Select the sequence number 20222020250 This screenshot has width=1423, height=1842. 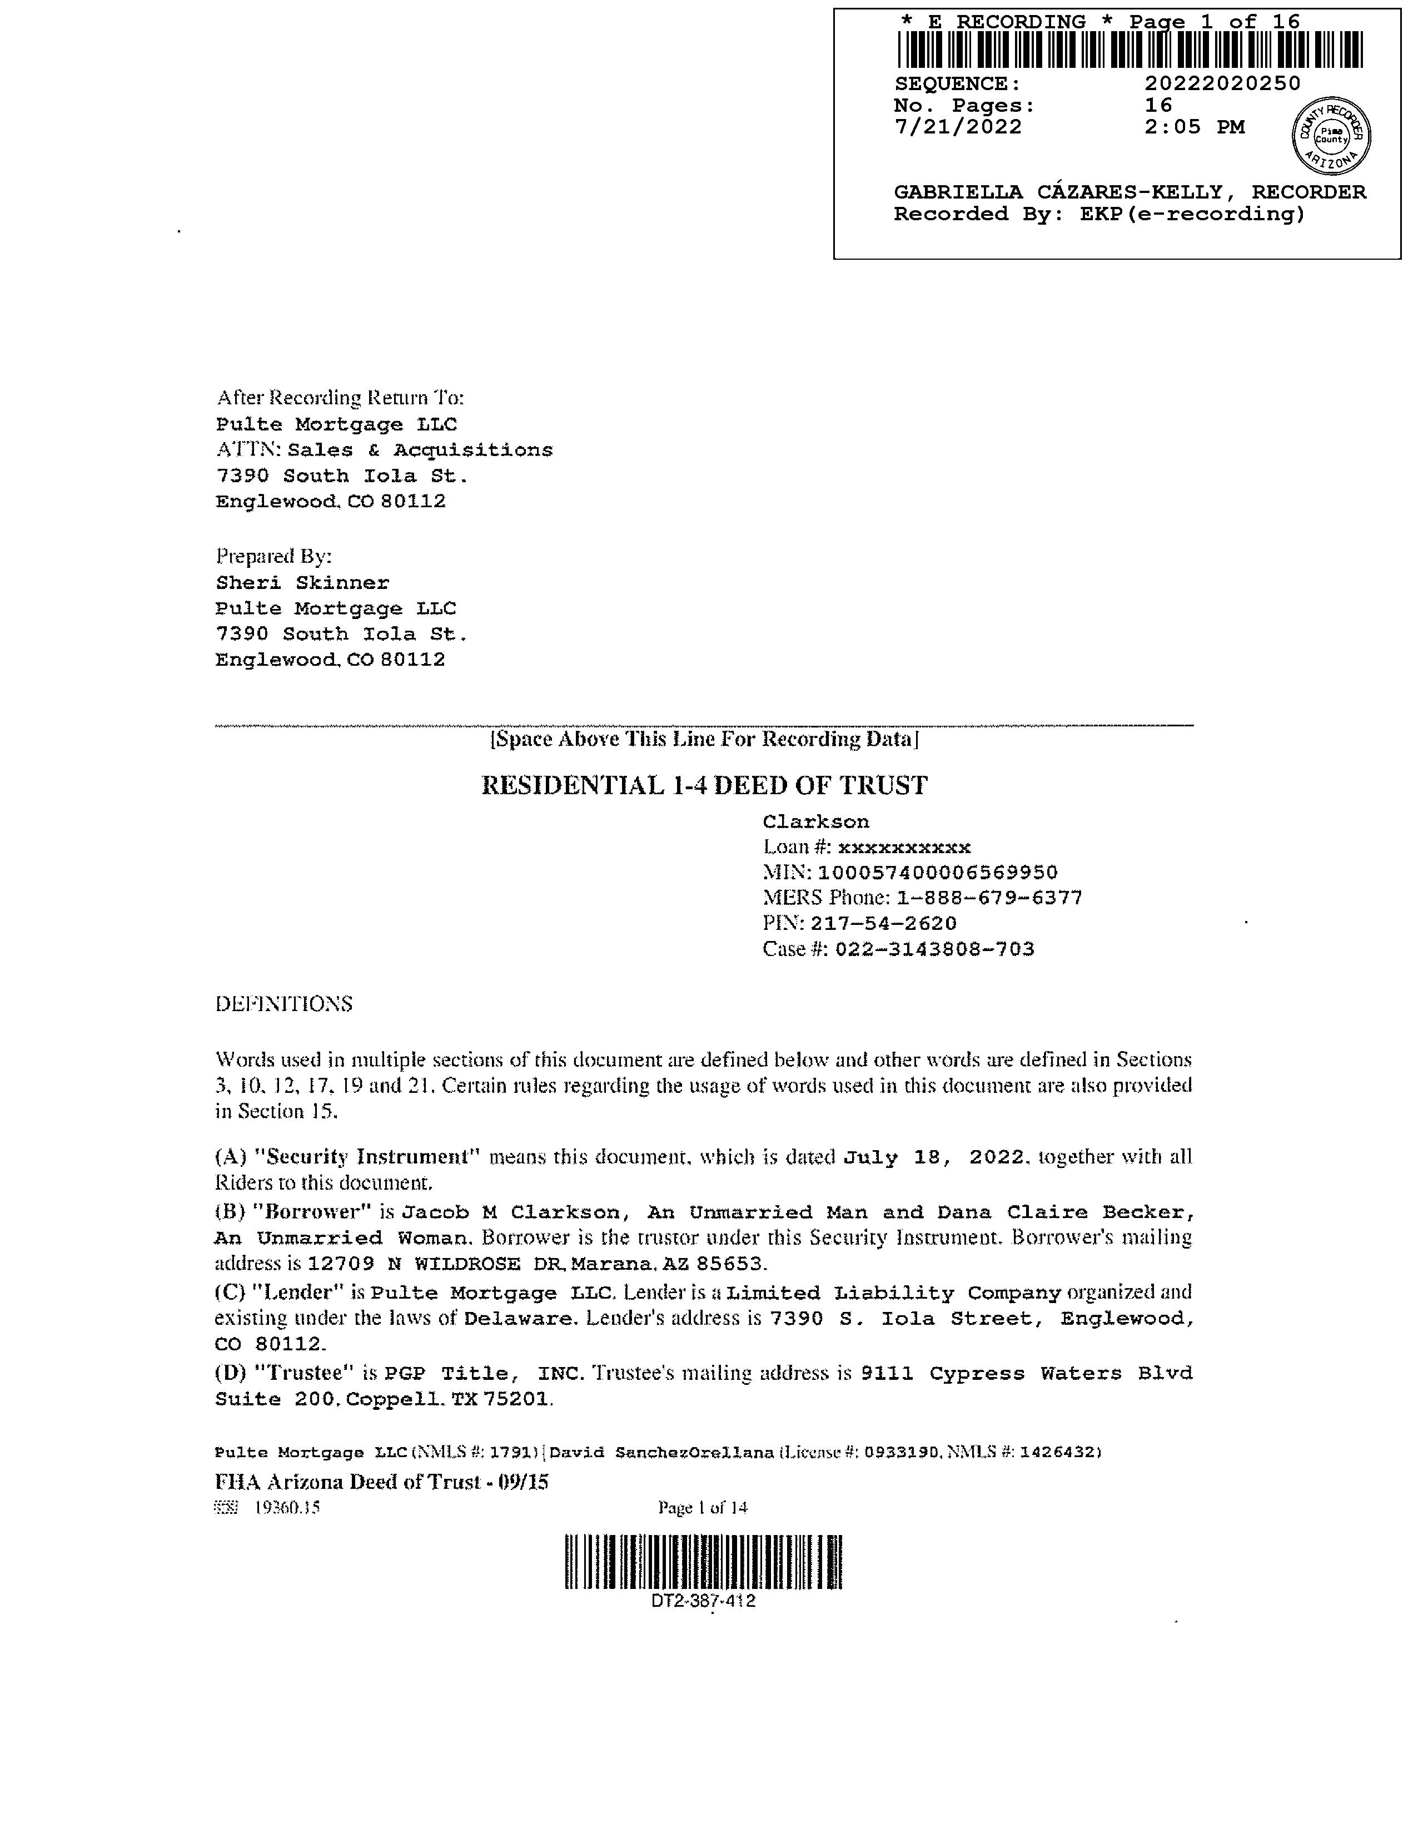click(1222, 83)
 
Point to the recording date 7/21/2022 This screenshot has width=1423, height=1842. click(958, 127)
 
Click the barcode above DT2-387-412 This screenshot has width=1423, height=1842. click(704, 1562)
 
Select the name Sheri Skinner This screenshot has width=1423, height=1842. click(302, 583)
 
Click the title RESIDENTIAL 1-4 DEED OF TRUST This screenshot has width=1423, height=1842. click(704, 786)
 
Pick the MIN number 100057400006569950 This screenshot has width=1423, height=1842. click(937, 873)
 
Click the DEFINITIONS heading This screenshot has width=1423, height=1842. click(284, 1004)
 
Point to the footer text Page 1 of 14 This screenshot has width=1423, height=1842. click(703, 1508)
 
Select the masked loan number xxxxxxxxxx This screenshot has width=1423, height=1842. click(904, 848)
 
